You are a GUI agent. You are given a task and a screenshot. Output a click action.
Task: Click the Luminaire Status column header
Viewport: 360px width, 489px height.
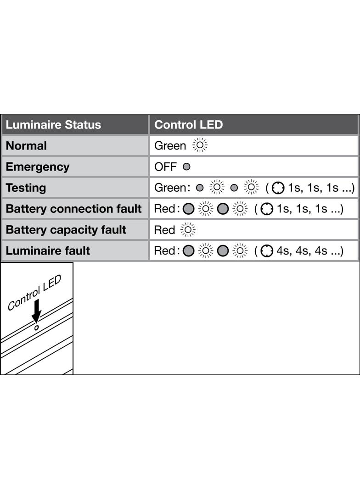coord(53,125)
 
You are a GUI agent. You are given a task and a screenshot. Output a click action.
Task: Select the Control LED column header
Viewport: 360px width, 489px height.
coord(189,125)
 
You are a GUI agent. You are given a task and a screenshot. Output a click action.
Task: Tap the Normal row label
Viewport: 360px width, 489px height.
coord(26,145)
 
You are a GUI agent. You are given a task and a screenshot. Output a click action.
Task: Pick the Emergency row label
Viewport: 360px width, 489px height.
coord(38,167)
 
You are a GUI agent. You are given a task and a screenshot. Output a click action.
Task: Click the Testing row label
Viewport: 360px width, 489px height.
coord(26,188)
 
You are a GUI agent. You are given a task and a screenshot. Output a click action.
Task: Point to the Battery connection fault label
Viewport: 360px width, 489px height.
coord(73,209)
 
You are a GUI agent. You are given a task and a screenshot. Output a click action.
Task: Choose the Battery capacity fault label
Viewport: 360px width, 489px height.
coord(66,230)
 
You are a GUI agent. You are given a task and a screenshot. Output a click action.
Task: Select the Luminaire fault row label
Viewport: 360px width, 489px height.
coord(48,250)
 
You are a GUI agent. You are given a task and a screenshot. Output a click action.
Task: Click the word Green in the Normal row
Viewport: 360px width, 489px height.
coord(170,145)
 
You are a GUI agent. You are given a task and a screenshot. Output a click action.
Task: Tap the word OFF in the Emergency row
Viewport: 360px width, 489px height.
coord(165,167)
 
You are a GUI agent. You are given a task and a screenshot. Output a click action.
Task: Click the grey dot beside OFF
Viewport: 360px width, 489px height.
coord(186,167)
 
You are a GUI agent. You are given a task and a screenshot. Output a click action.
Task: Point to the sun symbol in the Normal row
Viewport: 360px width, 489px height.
coord(200,145)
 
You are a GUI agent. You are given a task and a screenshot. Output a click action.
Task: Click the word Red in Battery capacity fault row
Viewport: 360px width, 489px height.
coord(164,230)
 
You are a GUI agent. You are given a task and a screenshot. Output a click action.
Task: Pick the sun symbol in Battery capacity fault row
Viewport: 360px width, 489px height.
coord(188,230)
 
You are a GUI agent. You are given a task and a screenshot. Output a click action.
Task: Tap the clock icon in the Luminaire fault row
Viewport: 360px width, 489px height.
coord(267,251)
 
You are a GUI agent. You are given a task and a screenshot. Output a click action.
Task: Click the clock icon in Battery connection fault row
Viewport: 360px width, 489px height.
coord(267,209)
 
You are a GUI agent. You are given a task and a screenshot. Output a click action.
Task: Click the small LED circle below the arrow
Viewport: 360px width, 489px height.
coord(37,328)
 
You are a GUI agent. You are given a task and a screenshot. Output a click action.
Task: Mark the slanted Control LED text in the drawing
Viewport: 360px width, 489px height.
coord(34,293)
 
